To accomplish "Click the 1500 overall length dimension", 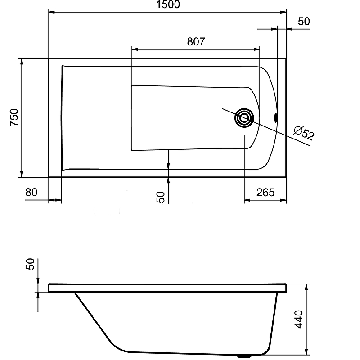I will [167, 5].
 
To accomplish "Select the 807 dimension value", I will [196, 42].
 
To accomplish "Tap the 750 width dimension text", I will [14, 117].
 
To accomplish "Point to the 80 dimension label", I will [31, 193].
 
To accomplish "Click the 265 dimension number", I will [265, 193].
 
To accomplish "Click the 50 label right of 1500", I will [304, 21].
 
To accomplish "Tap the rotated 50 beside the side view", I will [31, 264].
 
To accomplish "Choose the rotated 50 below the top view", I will [161, 197].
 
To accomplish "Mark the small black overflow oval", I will [276, 118].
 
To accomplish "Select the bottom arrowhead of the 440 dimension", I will [307, 351].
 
